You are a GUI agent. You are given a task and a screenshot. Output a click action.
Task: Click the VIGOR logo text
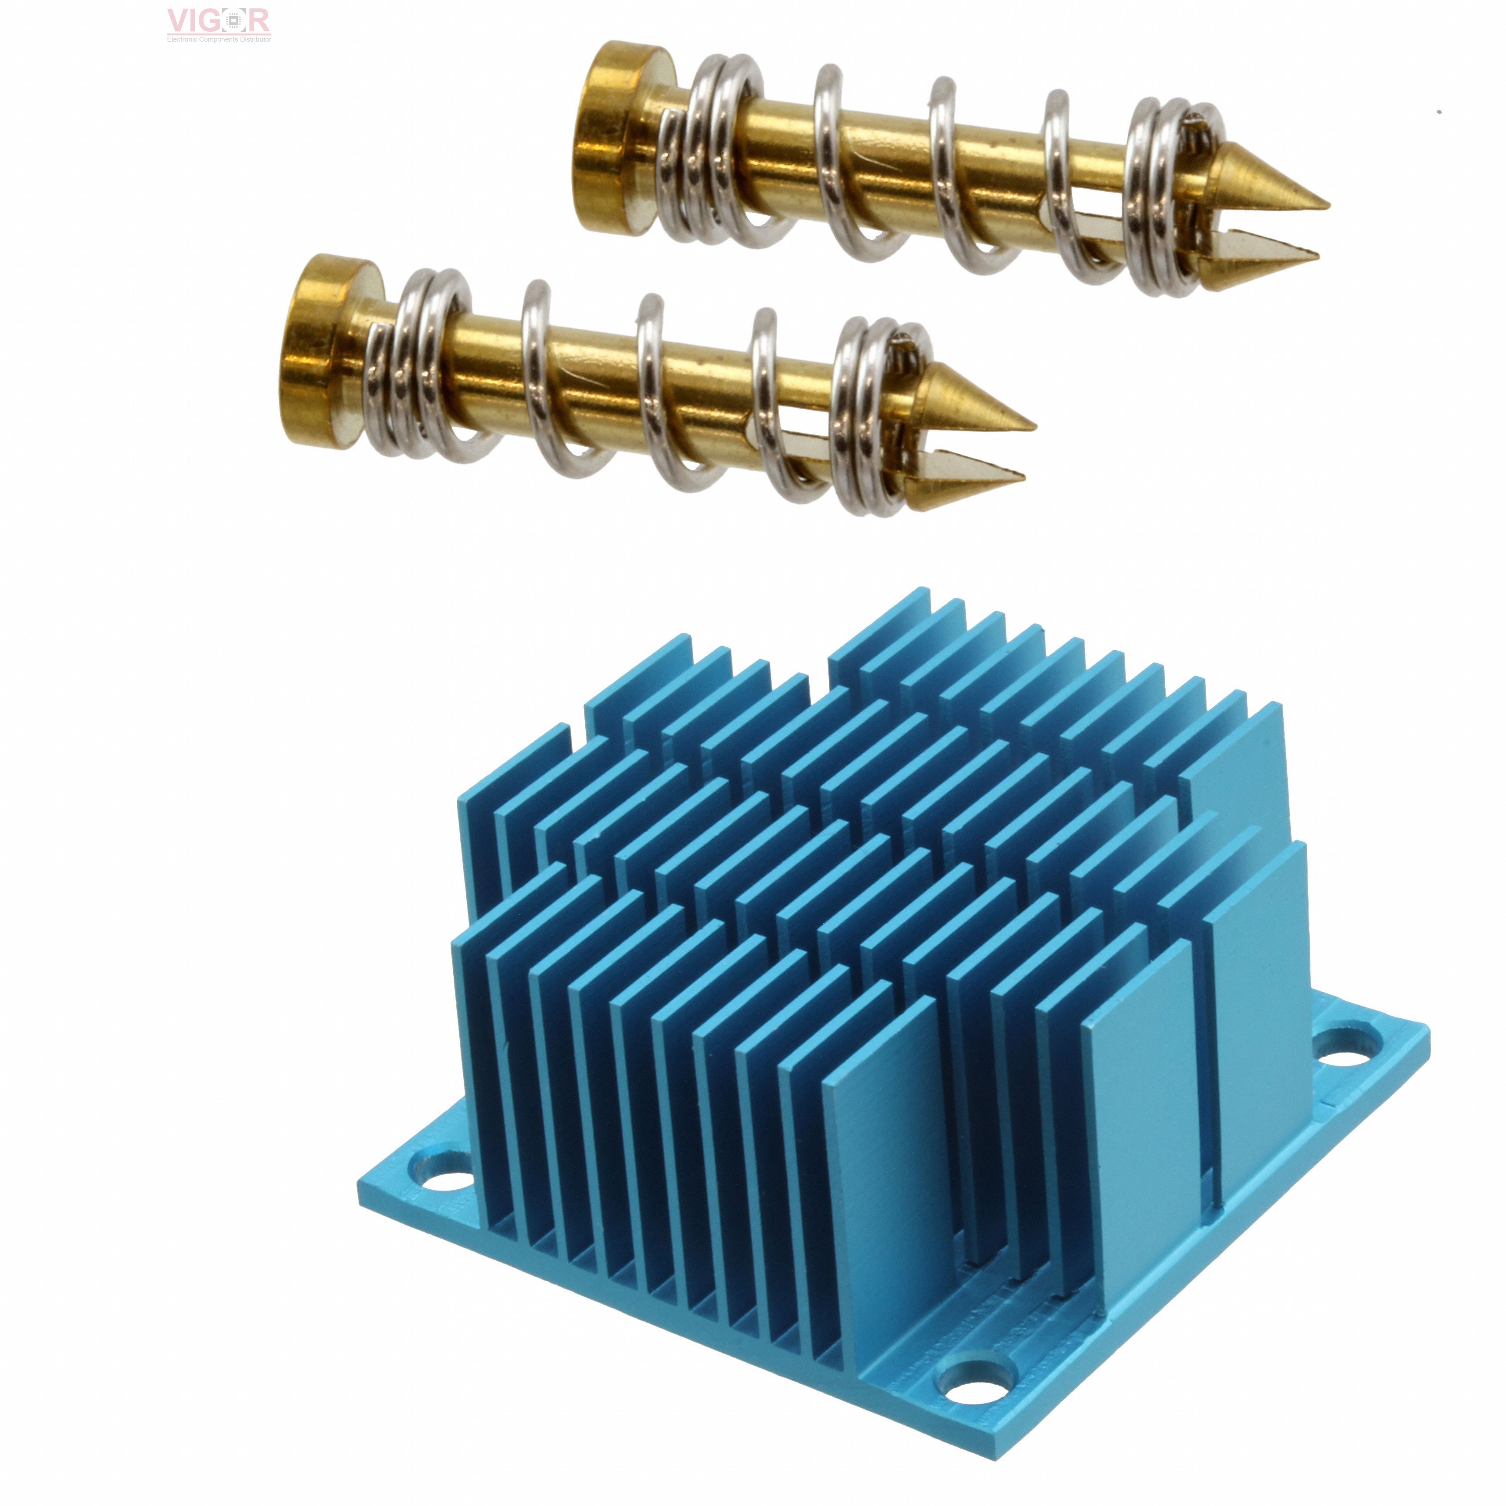tap(218, 20)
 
